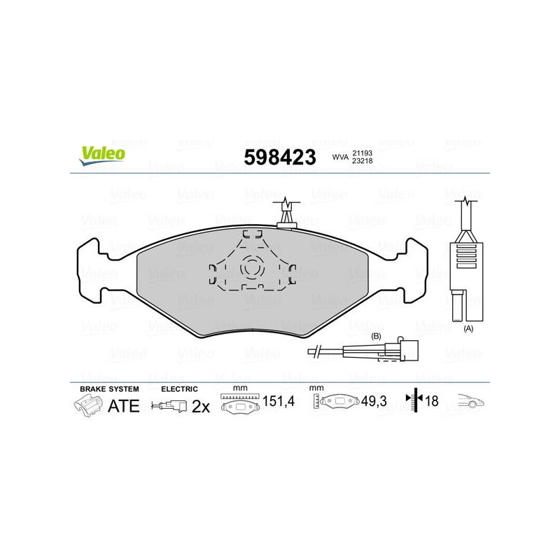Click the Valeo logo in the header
[x=102, y=155]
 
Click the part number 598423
[x=280, y=157]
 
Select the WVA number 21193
[x=362, y=153]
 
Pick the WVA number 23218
[x=362, y=161]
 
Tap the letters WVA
[x=340, y=157]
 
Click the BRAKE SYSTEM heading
[x=109, y=389]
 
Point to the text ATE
[x=124, y=406]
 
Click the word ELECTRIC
[x=179, y=389]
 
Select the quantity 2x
[x=201, y=407]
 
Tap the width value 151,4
[x=279, y=401]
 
